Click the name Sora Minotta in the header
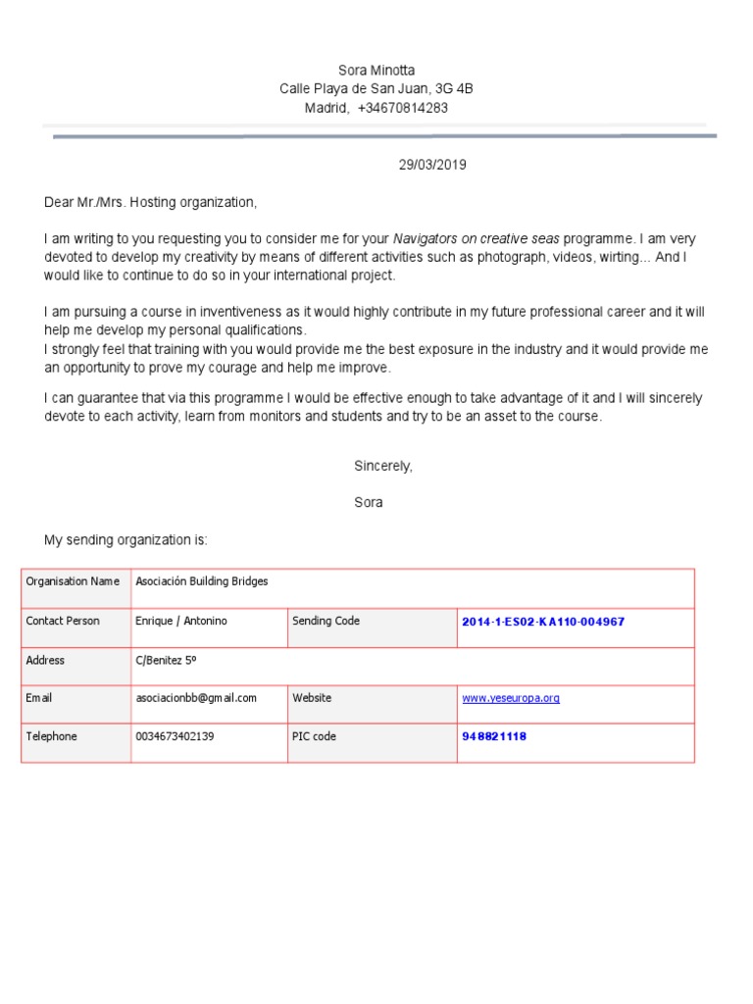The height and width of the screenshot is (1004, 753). [376, 70]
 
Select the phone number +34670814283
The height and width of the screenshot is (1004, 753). [402, 108]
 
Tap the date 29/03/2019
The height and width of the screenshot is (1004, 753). [431, 165]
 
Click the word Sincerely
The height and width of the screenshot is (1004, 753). [382, 466]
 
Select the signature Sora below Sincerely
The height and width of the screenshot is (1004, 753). [369, 503]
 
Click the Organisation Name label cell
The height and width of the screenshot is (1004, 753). [73, 581]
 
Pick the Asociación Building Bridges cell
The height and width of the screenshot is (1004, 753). [201, 581]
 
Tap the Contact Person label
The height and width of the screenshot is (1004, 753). [63, 621]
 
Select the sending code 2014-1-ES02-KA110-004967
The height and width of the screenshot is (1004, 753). [542, 622]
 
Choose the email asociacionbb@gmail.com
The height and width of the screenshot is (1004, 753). [195, 698]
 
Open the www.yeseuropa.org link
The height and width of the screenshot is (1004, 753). [510, 698]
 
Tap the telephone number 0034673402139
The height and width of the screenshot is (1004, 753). [175, 736]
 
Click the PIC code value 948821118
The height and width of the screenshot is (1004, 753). [493, 736]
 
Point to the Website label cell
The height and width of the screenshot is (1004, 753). [312, 698]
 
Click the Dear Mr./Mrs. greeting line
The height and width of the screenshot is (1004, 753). [150, 202]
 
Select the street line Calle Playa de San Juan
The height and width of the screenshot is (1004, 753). [376, 89]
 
